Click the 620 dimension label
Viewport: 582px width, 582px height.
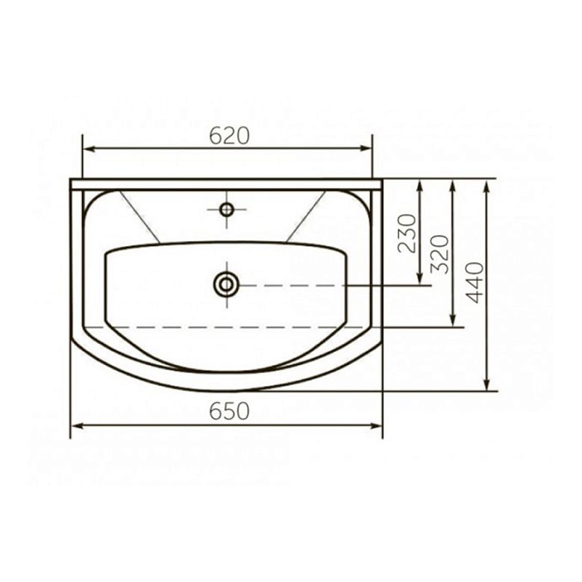point(229,136)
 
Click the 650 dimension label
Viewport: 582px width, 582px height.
point(229,411)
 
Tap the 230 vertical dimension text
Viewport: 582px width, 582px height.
point(407,233)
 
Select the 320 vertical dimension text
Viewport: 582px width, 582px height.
point(439,254)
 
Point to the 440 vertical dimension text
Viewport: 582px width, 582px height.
point(475,283)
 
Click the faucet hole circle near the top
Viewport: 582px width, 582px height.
point(226,210)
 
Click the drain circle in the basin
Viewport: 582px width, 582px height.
point(226,285)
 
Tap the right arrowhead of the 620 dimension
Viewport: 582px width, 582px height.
point(365,148)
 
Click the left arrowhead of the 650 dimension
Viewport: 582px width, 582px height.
point(77,426)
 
